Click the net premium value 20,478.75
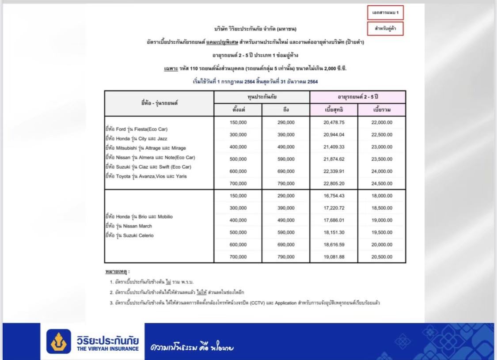(x=334, y=122)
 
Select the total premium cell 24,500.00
(x=382, y=184)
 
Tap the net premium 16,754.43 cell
(x=334, y=196)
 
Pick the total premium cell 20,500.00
(x=382, y=257)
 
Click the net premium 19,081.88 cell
(x=334, y=257)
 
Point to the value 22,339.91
(x=334, y=171)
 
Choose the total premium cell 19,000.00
(x=382, y=220)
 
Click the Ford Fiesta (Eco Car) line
(x=136, y=129)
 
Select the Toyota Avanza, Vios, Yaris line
(x=146, y=176)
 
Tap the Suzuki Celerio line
(x=129, y=235)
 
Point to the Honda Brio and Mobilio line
(x=139, y=217)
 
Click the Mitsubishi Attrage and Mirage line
(x=145, y=148)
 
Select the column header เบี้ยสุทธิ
(x=334, y=110)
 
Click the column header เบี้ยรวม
(x=382, y=110)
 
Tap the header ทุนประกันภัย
(x=262, y=97)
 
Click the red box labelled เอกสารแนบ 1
(x=385, y=12)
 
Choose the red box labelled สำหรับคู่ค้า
(x=385, y=29)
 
